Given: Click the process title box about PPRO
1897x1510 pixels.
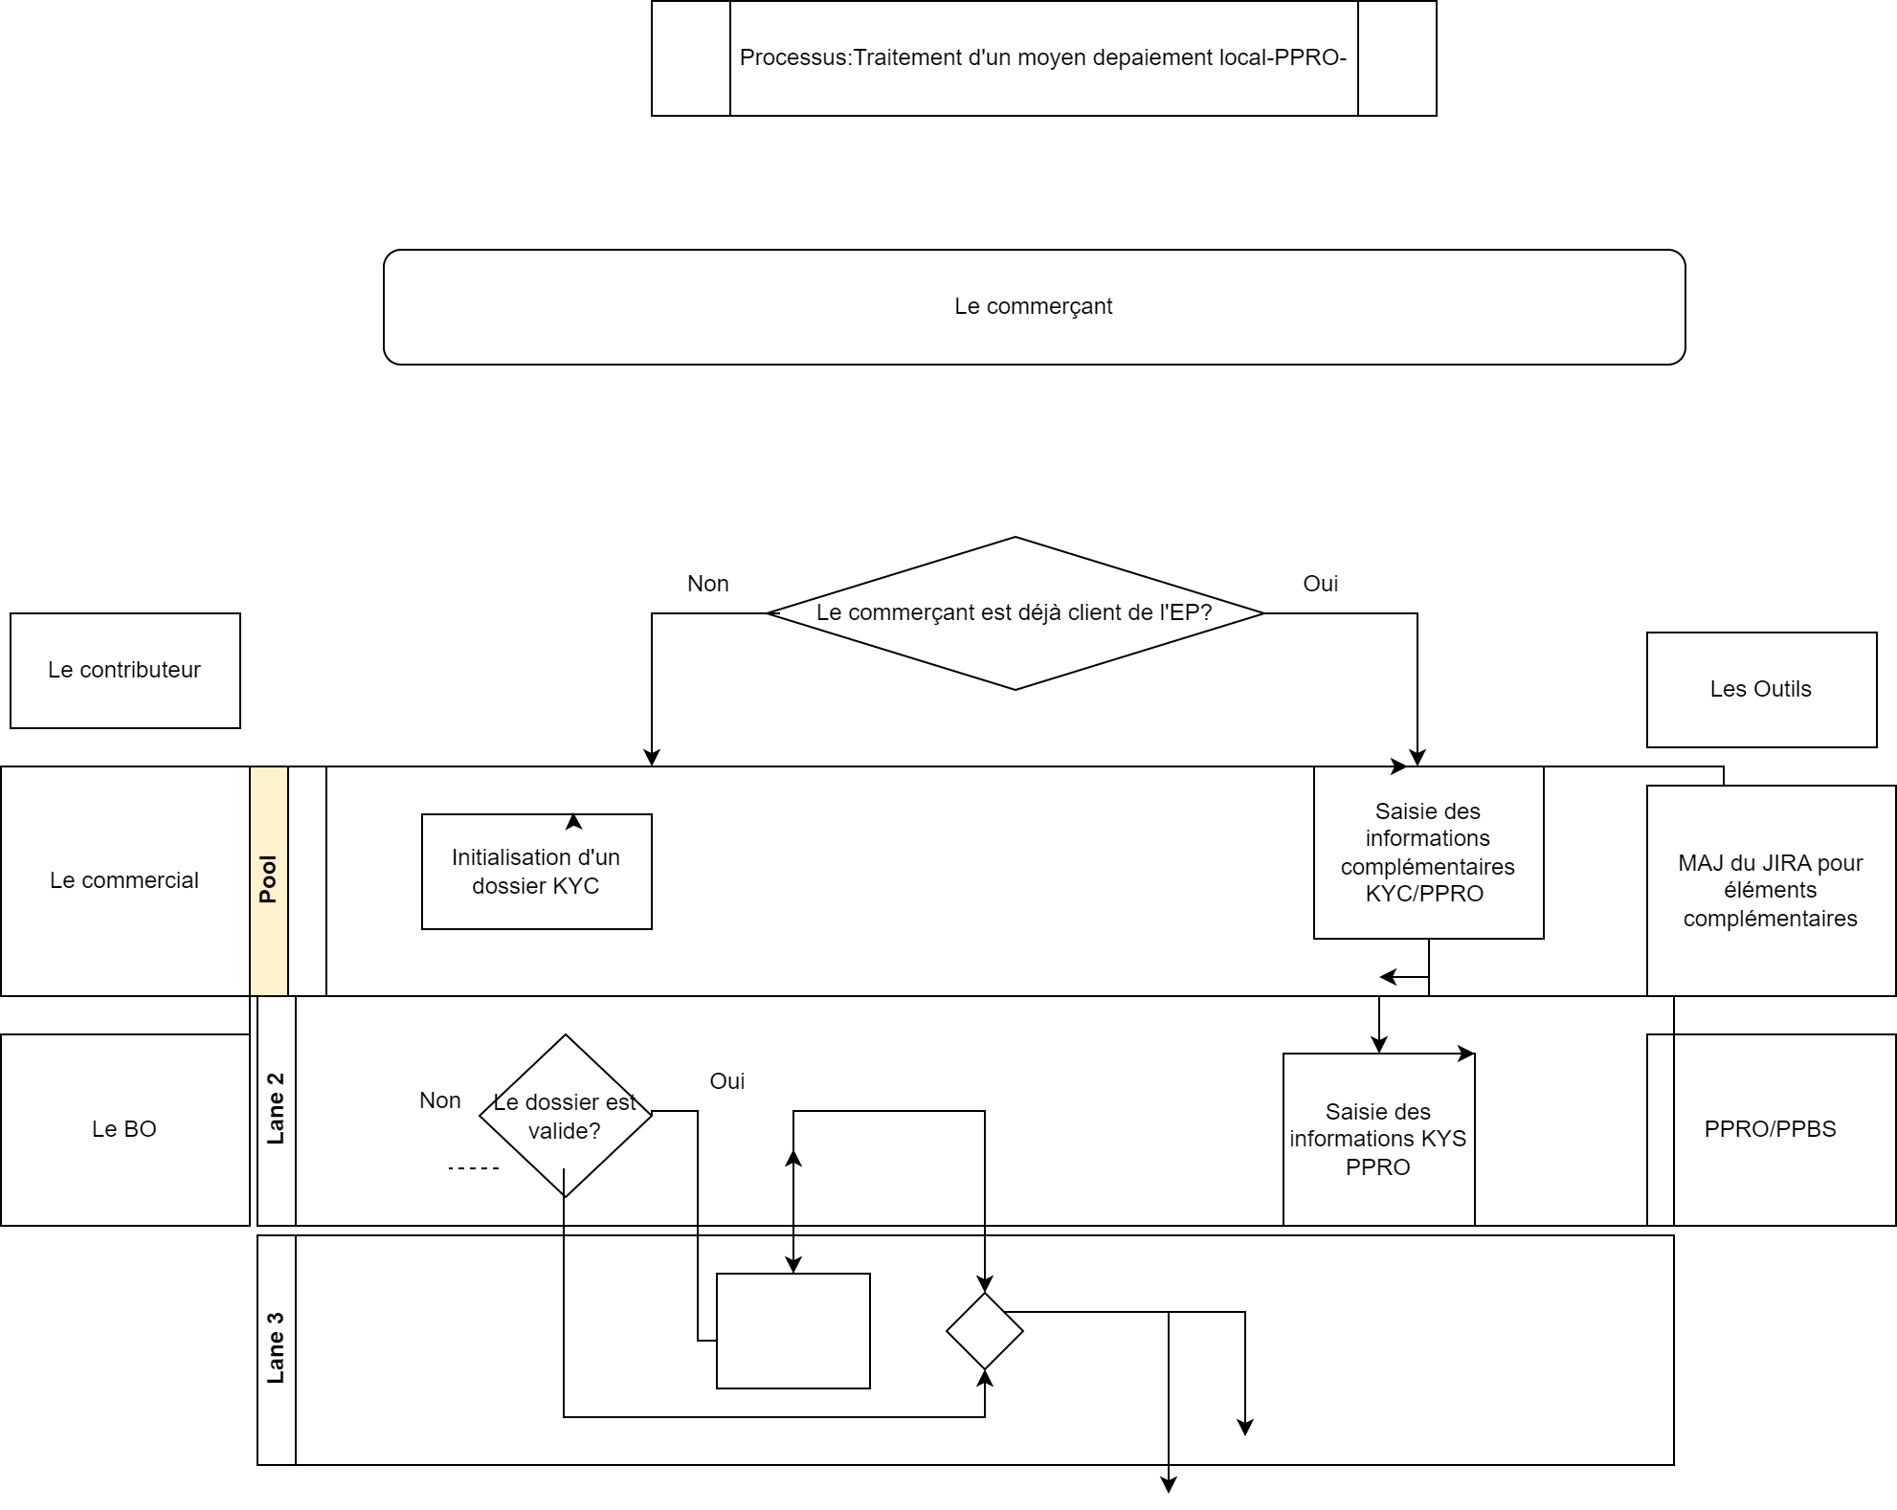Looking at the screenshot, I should (1043, 58).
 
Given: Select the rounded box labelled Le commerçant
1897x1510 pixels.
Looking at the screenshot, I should (1034, 307).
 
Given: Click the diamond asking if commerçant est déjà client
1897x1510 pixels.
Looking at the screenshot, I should (1015, 613).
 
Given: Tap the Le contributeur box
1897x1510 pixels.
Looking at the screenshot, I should (125, 671).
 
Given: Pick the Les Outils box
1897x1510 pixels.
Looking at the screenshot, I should (1761, 690).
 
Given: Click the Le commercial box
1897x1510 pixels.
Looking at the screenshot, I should (124, 881).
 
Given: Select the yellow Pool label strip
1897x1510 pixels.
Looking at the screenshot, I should (269, 880).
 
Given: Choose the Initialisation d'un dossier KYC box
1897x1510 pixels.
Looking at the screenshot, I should (536, 872).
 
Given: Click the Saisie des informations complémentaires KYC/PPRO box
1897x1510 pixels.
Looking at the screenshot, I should (1428, 853).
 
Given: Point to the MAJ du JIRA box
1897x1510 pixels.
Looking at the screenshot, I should (1771, 891).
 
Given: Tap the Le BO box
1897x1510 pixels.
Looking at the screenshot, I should (124, 1129).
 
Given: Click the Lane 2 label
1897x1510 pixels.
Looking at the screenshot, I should (277, 1110).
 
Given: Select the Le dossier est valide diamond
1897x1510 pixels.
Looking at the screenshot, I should (565, 1116).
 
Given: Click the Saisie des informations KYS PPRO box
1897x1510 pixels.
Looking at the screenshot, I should (1378, 1139).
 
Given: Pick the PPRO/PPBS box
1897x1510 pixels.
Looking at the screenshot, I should (1771, 1129).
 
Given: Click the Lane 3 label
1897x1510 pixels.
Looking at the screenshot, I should (277, 1349).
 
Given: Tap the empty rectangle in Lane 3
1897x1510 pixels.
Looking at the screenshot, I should (792, 1330).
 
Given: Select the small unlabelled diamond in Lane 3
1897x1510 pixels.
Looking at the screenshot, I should (984, 1331).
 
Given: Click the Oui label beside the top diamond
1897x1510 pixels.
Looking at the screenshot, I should (1321, 584).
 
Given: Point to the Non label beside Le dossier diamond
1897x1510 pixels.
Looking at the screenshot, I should (440, 1100).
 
